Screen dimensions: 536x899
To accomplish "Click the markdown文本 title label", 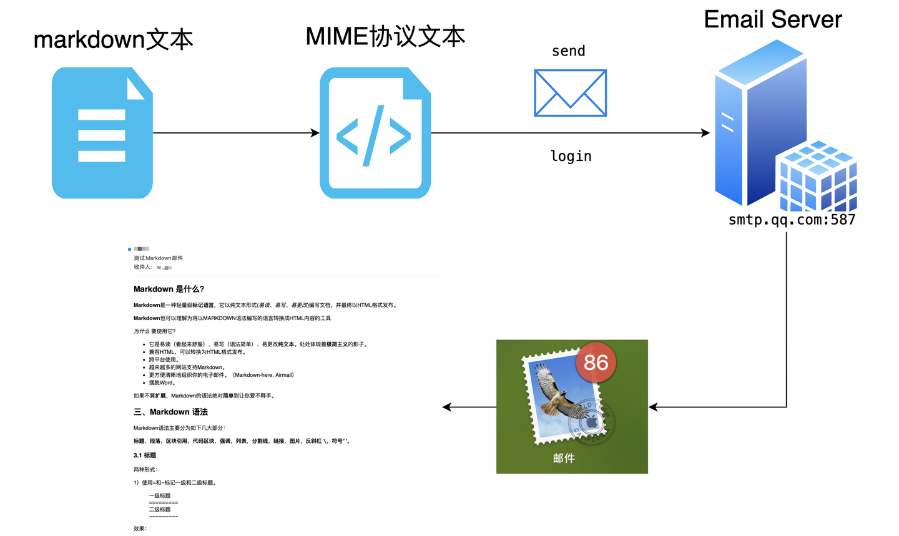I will [113, 39].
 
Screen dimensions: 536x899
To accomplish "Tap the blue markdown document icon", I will [102, 133].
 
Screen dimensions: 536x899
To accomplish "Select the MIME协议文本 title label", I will [385, 36].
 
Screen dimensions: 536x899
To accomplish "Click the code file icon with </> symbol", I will [375, 134].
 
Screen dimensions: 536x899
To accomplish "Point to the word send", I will [568, 51].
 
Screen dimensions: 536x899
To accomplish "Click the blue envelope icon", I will [570, 93].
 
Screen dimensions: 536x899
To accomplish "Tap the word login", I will [571, 156].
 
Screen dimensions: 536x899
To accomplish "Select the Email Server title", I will [772, 19].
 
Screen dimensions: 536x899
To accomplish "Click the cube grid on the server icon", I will [817, 177].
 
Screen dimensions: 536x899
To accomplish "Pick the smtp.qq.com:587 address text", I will [792, 220].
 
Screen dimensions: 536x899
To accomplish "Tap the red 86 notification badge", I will [596, 362].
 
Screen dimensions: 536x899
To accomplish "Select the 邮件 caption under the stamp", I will [563, 458].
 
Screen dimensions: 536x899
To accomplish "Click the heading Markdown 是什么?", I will [169, 289].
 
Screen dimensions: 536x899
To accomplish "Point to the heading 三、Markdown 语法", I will [170, 412].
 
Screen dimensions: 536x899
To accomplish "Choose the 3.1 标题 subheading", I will [145, 456].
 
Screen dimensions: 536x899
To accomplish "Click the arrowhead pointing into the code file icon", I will [315, 133].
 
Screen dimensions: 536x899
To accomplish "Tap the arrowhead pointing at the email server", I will [705, 133].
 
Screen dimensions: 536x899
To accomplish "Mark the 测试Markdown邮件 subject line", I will [158, 258].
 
